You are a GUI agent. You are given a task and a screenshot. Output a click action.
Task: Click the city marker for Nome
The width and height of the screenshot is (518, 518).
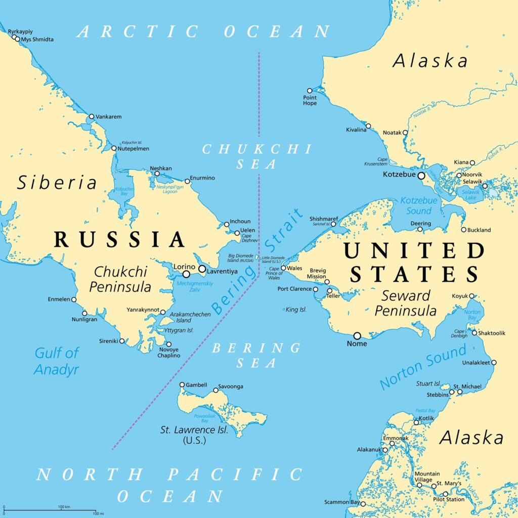(357, 335)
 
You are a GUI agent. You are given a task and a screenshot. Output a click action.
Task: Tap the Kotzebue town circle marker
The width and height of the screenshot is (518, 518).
(421, 175)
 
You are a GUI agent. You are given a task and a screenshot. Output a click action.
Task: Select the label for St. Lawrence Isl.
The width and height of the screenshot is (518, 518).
(194, 430)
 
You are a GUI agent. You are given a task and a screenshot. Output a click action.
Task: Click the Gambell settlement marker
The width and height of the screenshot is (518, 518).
(182, 384)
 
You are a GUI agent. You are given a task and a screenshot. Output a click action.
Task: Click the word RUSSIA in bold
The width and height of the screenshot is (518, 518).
(119, 239)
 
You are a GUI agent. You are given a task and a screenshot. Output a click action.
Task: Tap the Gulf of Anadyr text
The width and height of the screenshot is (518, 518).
(57, 361)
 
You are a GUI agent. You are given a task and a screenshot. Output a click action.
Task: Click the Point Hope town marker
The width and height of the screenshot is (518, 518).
(310, 91)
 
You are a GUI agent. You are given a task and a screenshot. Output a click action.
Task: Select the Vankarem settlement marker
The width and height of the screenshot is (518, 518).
(92, 116)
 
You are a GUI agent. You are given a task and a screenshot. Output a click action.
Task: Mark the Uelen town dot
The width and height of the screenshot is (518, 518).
(237, 233)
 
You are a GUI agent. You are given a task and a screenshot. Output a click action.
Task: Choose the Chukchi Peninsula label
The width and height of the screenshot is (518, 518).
(120, 279)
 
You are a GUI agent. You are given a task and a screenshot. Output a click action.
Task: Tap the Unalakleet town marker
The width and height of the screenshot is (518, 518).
(494, 362)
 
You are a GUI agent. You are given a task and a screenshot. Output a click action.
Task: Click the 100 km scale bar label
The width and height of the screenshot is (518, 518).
(63, 506)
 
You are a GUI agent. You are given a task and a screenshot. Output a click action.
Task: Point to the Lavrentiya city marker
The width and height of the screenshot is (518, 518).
(202, 269)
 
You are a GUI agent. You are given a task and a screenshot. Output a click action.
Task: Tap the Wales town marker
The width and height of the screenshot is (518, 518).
(283, 268)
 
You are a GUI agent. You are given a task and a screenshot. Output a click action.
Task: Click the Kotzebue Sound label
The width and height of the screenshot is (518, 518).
(416, 205)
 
